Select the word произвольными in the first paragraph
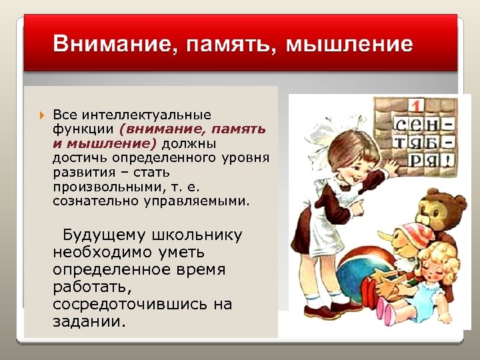(96, 187)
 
